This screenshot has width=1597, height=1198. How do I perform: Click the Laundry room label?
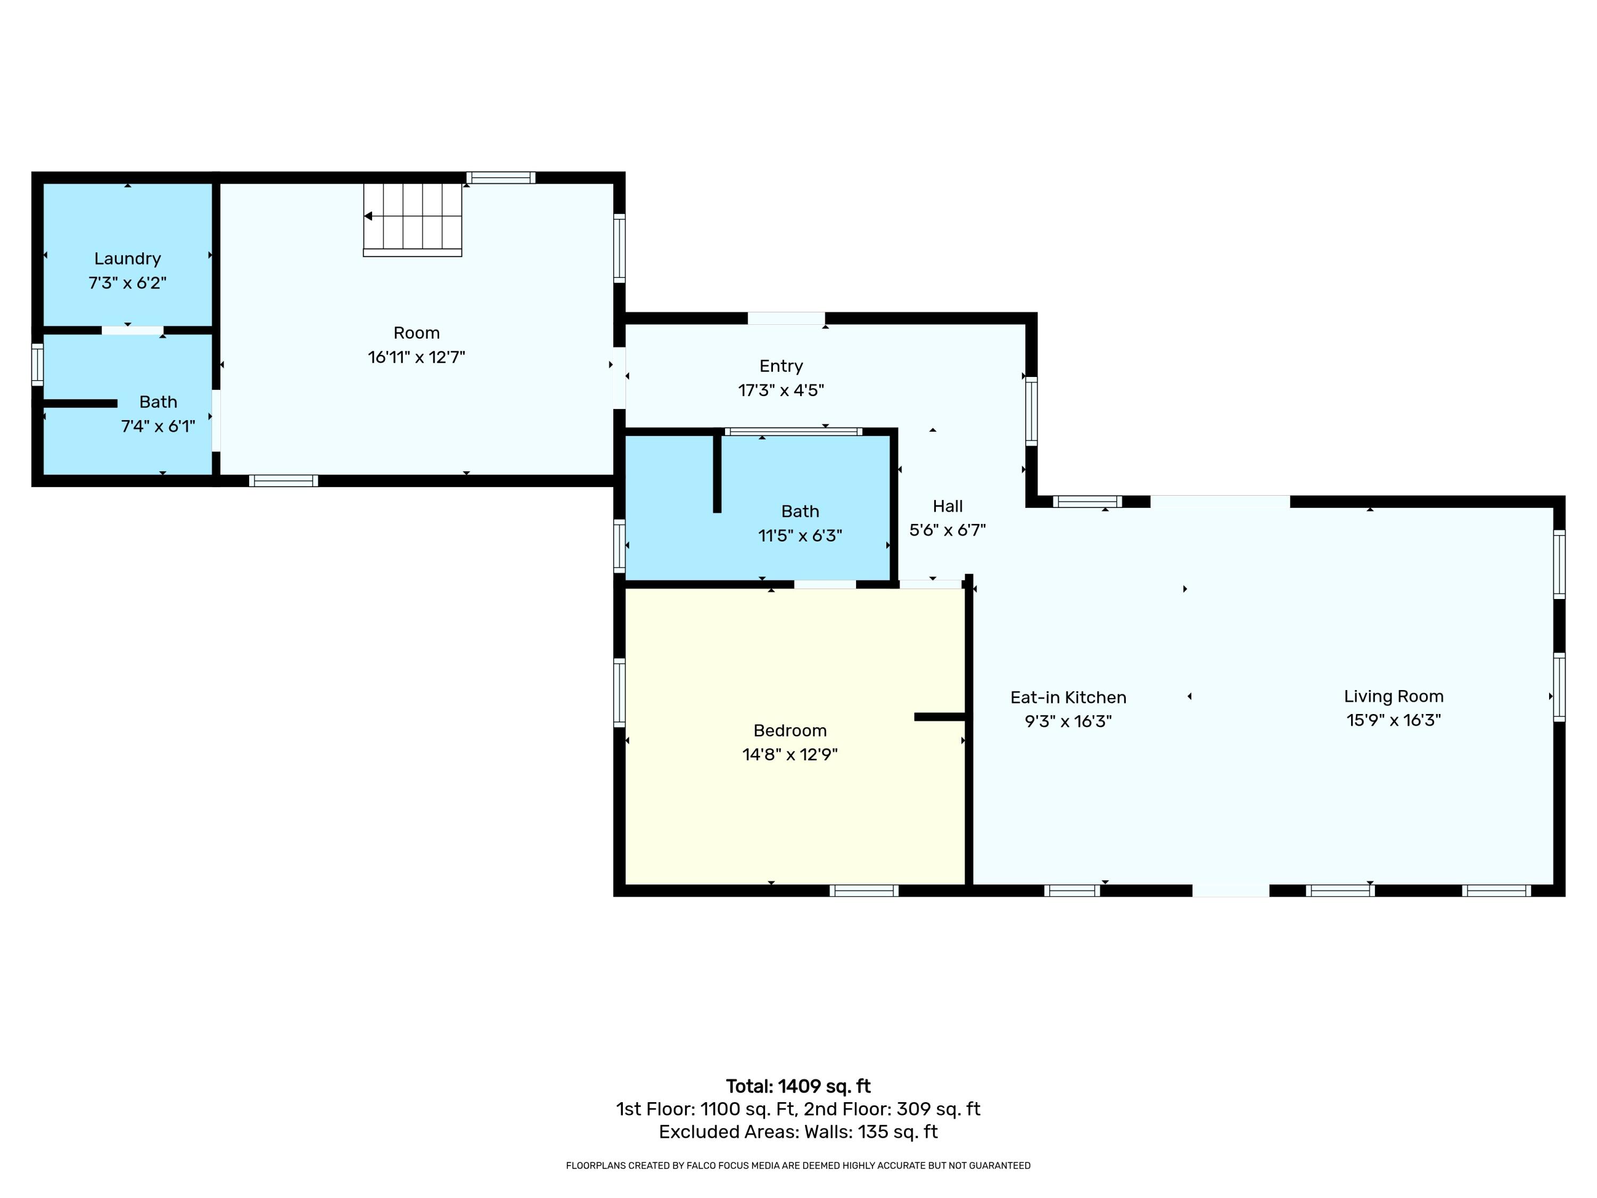pos(127,259)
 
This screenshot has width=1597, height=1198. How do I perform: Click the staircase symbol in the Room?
pos(412,218)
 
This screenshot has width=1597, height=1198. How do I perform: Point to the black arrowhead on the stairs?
pos(368,216)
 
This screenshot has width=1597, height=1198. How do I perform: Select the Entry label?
pos(780,366)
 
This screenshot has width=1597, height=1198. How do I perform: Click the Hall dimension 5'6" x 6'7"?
pos(947,530)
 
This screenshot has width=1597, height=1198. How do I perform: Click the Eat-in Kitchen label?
pos(1068,697)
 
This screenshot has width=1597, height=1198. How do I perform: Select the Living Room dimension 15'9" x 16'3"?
pos(1394,720)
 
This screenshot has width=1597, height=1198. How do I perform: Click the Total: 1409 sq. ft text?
pos(798,1086)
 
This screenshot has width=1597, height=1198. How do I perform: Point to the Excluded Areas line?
pos(798,1131)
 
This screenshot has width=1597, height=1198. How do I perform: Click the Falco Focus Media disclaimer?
pos(798,1166)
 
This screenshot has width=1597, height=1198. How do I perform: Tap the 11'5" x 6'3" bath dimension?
pos(800,536)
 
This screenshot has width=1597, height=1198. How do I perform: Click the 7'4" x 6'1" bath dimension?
pos(158,426)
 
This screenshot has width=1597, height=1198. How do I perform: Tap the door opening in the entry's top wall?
pos(786,318)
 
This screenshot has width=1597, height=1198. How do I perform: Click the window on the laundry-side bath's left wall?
pos(38,365)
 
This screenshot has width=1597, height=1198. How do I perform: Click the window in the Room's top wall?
pos(500,178)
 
